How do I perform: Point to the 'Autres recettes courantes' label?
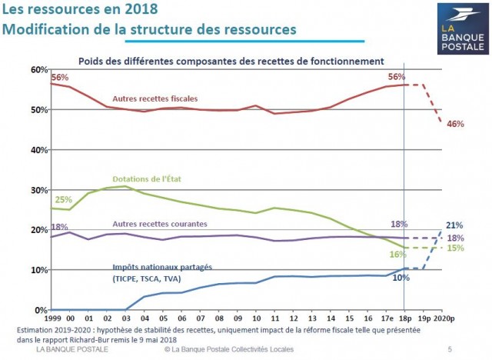tap(159, 223)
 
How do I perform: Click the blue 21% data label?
tap(454, 225)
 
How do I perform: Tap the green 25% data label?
tap(63, 200)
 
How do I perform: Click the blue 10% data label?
tap(401, 278)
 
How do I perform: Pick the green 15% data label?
tap(454, 248)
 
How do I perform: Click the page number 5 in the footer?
tap(450, 350)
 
